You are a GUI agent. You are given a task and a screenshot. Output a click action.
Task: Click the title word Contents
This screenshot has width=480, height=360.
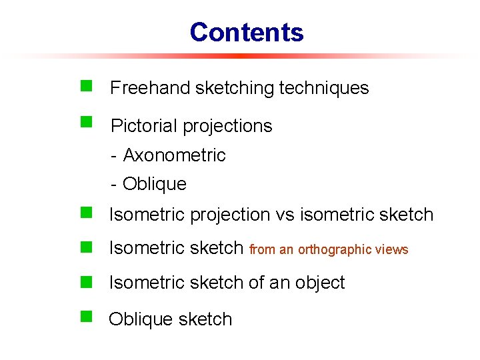pyautogui.click(x=246, y=32)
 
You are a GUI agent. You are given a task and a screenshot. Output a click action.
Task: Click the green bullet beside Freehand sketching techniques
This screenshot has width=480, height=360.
pyautogui.click(x=85, y=85)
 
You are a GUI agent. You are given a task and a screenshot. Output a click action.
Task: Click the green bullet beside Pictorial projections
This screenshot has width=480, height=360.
pyautogui.click(x=85, y=122)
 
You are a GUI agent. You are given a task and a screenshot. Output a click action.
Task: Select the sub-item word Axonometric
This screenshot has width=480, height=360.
pyautogui.click(x=175, y=155)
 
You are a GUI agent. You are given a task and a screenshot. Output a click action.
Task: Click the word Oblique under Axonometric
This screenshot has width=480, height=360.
pyautogui.click(x=155, y=184)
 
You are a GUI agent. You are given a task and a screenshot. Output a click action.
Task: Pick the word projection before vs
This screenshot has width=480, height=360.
pyautogui.click(x=229, y=215)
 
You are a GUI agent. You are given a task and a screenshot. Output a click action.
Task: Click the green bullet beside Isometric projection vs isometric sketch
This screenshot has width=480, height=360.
pyautogui.click(x=85, y=213)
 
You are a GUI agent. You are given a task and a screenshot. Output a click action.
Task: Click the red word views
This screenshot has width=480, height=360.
pyautogui.click(x=393, y=250)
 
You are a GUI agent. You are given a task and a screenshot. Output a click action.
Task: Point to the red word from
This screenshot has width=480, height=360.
pyautogui.click(x=263, y=250)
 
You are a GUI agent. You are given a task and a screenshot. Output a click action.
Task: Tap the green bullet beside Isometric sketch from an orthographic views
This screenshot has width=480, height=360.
pyautogui.click(x=85, y=247)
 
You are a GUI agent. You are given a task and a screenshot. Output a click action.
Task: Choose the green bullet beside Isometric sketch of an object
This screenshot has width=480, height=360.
pyautogui.click(x=85, y=281)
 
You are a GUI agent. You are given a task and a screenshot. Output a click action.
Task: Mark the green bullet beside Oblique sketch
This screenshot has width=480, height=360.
pyautogui.click(x=85, y=315)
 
